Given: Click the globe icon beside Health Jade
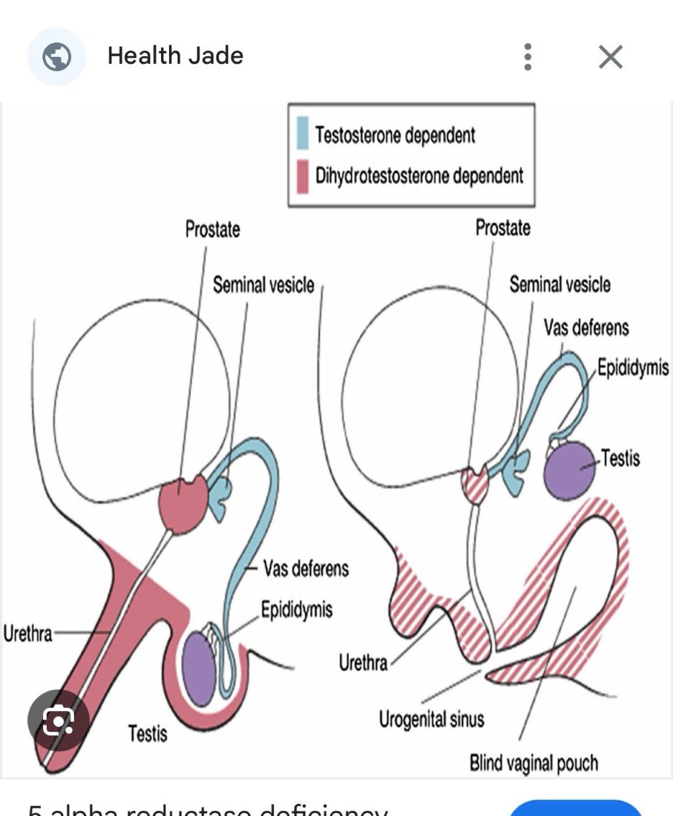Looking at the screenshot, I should tap(56, 57).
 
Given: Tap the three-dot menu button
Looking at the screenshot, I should tap(528, 57).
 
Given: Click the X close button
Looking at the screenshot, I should tap(610, 57).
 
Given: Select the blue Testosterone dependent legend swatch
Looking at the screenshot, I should tap(303, 134).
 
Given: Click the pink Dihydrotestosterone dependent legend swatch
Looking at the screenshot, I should tap(303, 175).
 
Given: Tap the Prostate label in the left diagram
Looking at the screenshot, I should tap(212, 230).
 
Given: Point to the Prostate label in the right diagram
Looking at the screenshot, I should tap(503, 228).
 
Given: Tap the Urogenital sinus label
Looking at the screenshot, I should tap(431, 718).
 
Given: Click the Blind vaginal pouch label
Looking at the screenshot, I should tap(534, 761).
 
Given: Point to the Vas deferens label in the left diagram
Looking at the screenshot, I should tap(306, 569).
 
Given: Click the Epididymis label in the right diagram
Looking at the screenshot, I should tap(633, 368).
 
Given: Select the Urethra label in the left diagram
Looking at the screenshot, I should tap(27, 634).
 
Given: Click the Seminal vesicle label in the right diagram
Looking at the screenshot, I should tap(559, 285).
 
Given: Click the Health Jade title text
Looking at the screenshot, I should tap(175, 56).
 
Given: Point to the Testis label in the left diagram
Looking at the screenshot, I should tap(147, 733).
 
